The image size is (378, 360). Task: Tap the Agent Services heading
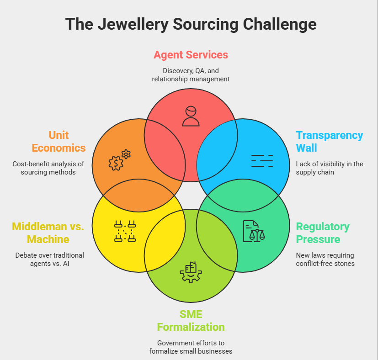[x=191, y=55]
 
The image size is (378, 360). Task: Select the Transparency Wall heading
[x=329, y=142]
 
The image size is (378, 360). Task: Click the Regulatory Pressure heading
[x=323, y=233]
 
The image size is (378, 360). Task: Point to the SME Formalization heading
[x=191, y=321]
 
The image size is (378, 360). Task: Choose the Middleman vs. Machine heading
[x=48, y=233]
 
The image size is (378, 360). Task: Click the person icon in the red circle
[x=191, y=116]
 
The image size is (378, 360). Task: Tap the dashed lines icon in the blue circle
[x=262, y=161]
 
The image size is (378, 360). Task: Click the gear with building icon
[x=191, y=272]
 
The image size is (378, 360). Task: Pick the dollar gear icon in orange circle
[x=120, y=160]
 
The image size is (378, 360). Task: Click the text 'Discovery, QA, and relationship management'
[x=191, y=75]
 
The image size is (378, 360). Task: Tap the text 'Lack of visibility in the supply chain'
[x=329, y=168]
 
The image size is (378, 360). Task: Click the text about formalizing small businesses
[x=191, y=347]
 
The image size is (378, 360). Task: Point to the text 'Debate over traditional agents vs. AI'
[x=49, y=259]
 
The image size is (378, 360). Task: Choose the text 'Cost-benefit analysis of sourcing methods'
[x=49, y=168]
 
